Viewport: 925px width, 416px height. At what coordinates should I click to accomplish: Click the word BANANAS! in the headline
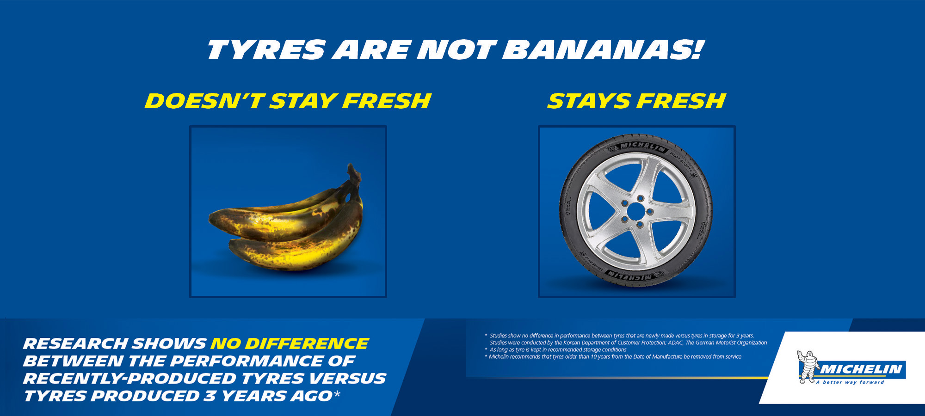[x=603, y=49]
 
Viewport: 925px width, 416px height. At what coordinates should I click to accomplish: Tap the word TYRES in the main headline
[x=266, y=49]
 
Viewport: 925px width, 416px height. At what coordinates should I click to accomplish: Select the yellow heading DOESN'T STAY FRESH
[x=288, y=101]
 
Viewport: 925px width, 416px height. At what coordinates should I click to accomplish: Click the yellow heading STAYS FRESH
[x=636, y=101]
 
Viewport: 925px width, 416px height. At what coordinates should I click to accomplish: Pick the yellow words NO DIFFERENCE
[x=290, y=343]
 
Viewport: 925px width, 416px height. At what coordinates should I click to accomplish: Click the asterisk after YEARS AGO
[x=337, y=394]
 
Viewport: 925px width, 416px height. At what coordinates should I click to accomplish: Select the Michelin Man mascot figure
[x=807, y=367]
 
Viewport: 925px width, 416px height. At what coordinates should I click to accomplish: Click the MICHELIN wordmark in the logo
[x=861, y=369]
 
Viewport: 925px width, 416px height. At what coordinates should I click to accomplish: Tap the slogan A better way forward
[x=850, y=382]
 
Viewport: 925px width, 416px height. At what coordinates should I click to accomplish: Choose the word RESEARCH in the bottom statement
[x=76, y=343]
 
